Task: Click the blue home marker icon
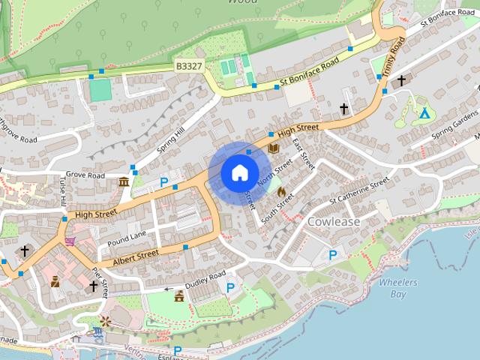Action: (x=239, y=172)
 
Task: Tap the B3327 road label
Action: (x=189, y=67)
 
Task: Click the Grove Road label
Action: (x=84, y=175)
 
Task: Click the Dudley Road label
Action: (x=206, y=277)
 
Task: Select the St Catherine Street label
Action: (x=360, y=190)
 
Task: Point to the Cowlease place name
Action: (x=334, y=222)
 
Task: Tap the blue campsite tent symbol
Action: (x=424, y=114)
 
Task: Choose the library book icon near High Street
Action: (x=274, y=148)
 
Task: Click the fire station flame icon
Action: (x=281, y=192)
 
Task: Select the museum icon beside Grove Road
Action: (x=123, y=181)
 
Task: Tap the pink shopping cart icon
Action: (x=70, y=241)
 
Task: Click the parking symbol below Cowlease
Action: (x=333, y=256)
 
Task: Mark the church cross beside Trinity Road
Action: (x=401, y=80)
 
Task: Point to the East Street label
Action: (x=303, y=152)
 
